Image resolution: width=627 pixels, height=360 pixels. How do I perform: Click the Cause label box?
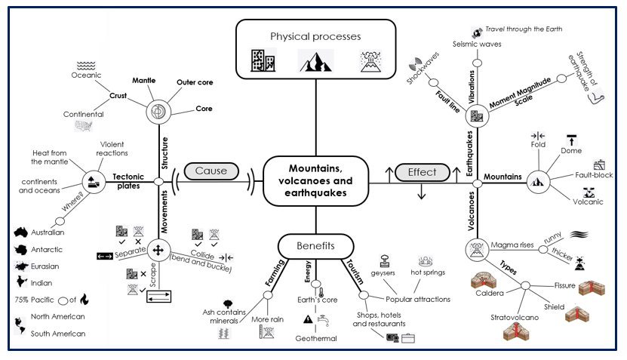click(211, 171)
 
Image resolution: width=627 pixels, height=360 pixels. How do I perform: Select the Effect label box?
click(422, 171)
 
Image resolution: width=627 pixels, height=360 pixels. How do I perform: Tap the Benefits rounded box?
click(315, 246)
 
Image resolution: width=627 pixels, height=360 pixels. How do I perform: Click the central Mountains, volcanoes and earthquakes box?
click(315, 180)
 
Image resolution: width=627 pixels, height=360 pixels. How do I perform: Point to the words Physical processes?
click(315, 36)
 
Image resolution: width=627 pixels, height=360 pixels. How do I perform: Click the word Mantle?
click(143, 79)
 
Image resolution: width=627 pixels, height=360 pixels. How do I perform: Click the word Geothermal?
click(315, 339)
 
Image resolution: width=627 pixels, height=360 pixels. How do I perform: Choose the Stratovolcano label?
click(515, 318)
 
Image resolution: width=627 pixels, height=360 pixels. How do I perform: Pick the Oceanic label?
click(86, 75)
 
